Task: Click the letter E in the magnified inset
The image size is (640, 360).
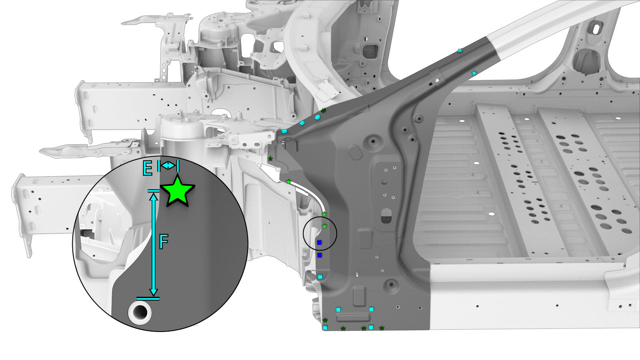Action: point(148,168)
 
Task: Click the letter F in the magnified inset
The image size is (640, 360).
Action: point(164,242)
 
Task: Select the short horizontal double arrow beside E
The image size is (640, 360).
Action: point(168,166)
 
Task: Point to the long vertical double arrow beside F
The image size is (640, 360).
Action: point(154,245)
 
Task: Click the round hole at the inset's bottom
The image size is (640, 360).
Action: point(140,312)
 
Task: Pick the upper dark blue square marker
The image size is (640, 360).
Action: point(320,242)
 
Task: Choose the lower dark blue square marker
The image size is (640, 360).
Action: point(320,255)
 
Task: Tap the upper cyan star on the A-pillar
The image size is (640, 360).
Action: point(460,51)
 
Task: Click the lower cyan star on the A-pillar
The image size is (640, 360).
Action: point(474,73)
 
